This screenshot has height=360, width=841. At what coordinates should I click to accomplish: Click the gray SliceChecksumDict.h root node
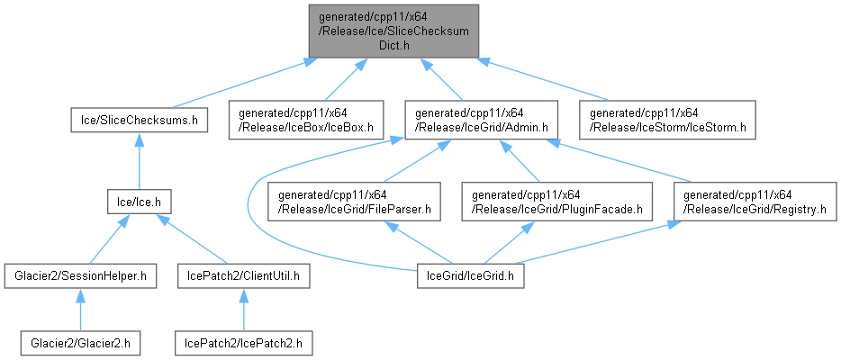click(393, 31)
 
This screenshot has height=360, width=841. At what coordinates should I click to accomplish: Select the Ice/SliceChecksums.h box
click(140, 119)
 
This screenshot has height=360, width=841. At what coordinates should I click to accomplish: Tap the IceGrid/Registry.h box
click(755, 203)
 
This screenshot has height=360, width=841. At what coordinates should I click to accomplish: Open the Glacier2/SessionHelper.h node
click(80, 274)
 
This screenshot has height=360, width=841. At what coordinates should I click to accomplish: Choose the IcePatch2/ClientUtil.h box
click(244, 274)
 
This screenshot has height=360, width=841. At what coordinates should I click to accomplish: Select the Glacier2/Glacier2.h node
click(79, 343)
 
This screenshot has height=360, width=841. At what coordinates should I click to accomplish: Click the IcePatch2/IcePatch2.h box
click(242, 343)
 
